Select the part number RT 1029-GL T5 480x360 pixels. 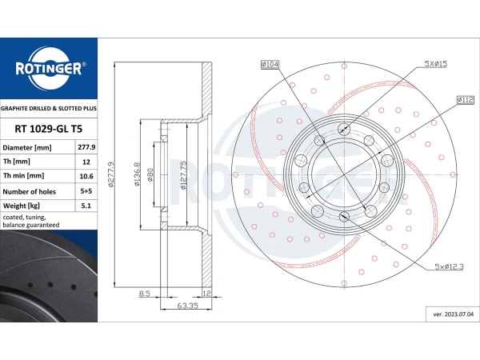(48, 129)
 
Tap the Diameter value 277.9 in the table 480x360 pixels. (86, 147)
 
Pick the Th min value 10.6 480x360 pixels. (86, 176)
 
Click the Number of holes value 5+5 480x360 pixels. (86, 191)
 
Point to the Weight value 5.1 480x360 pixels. (86, 206)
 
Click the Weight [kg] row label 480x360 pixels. (22, 206)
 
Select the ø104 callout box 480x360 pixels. (270, 64)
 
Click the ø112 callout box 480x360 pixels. (466, 100)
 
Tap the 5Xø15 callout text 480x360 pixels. (436, 64)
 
